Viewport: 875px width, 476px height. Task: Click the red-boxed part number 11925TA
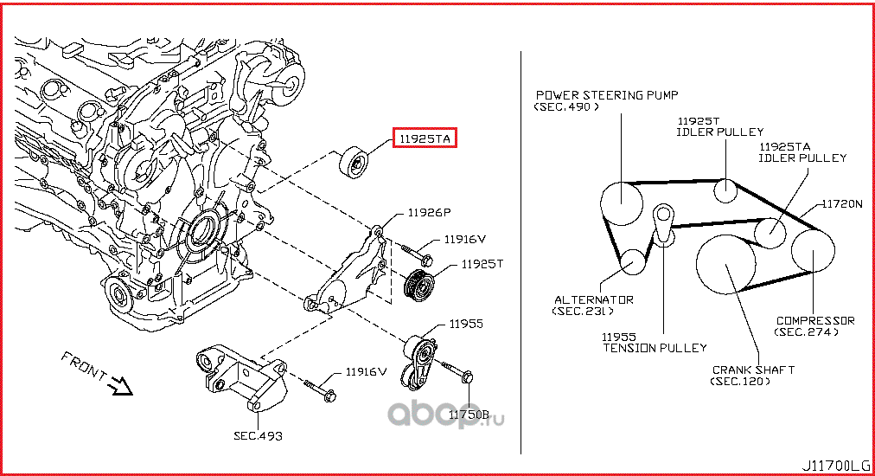425,138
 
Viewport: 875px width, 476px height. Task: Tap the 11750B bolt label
469,416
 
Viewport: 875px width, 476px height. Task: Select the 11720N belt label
841,204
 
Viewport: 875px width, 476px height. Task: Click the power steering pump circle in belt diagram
623,203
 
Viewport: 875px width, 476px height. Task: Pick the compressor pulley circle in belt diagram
814,250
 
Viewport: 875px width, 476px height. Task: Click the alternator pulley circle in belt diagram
633,261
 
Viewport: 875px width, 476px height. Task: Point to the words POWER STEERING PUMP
607,95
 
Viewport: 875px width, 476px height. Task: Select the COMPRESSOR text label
814,320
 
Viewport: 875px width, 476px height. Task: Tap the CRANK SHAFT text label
752,370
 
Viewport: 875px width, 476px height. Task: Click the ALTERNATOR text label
593,300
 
